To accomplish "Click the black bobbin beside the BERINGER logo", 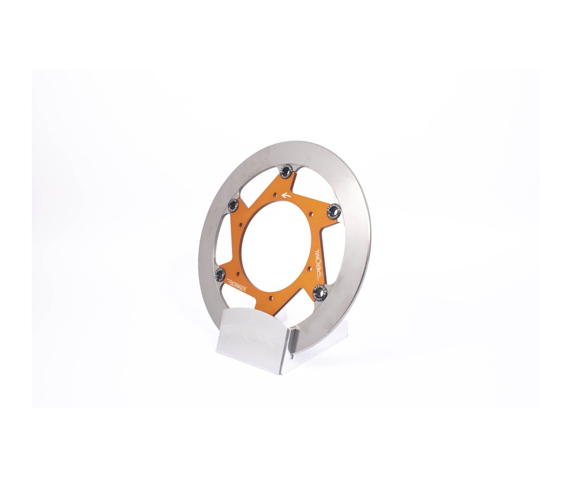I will [221, 274].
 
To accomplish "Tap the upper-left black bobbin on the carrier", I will [233, 204].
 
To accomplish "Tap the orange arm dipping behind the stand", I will [285, 304].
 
